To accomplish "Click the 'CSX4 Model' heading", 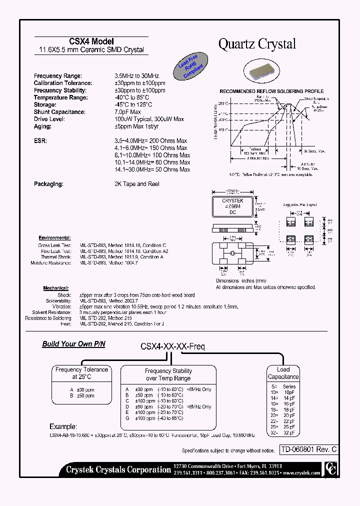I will [x=91, y=41].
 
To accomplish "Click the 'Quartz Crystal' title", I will [x=257, y=44].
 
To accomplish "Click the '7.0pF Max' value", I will [x=128, y=112].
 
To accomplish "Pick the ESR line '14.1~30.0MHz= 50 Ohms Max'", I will [x=152, y=169].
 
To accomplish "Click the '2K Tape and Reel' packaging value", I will [x=136, y=184].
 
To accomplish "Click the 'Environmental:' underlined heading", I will [x=54, y=238].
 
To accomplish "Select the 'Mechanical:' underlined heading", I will [x=55, y=288].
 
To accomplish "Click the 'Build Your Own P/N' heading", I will [x=73, y=344].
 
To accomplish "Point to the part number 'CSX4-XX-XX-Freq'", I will [x=172, y=345].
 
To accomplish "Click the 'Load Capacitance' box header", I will [x=283, y=373].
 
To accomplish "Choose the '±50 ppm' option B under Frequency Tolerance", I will [x=83, y=395].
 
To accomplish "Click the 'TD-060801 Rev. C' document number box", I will [x=308, y=449].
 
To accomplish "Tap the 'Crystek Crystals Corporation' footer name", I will [x=118, y=469].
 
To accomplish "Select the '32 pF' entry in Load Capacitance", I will [x=289, y=432].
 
